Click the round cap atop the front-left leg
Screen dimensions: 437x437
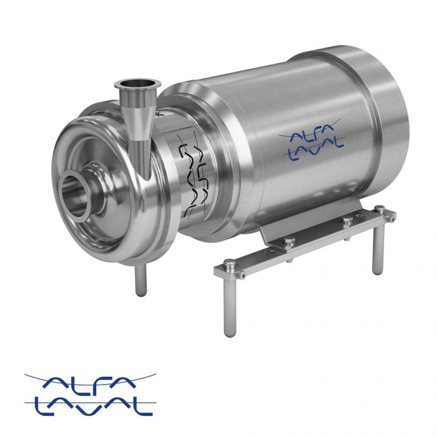pyautogui.click(x=229, y=263)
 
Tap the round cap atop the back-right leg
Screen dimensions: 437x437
pyautogui.click(x=380, y=209)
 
